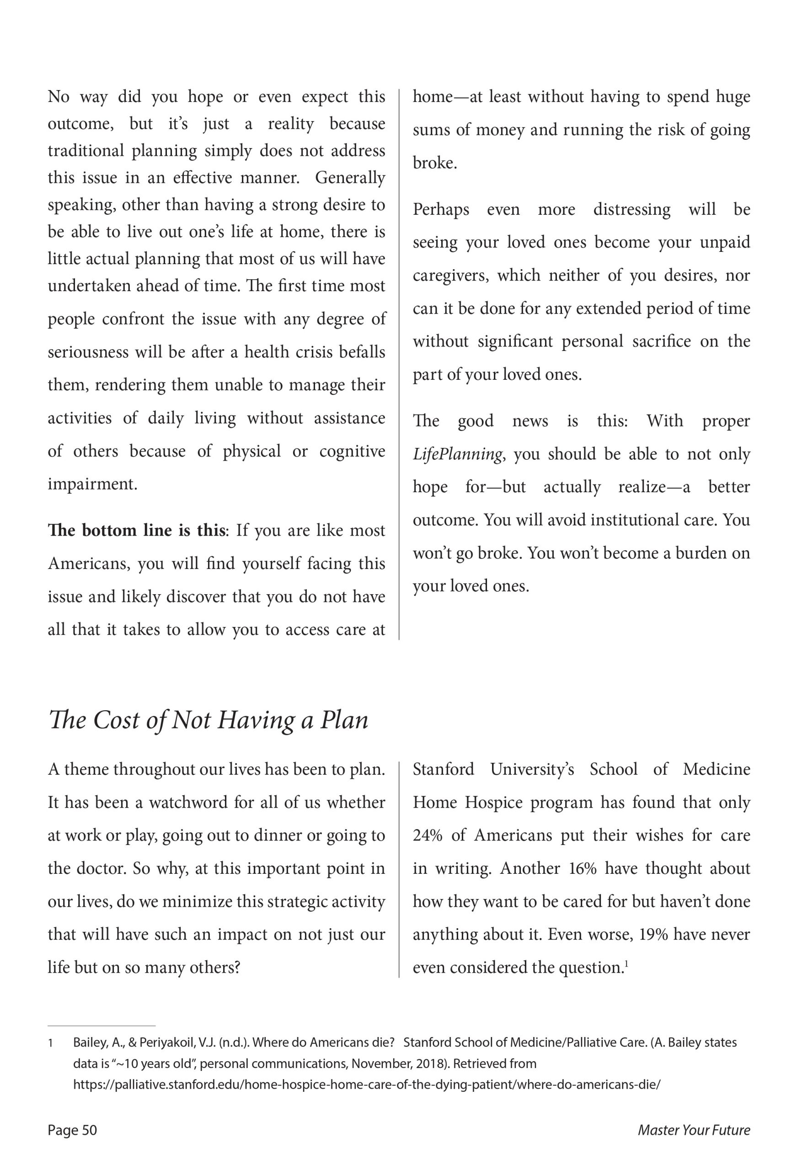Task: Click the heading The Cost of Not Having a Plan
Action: [208, 720]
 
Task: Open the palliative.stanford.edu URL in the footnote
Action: [366, 1085]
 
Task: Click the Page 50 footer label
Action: [72, 1130]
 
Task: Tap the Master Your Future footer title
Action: [694, 1130]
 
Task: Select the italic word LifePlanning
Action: [457, 454]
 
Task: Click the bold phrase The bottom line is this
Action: [135, 531]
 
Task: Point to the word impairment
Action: [92, 484]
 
